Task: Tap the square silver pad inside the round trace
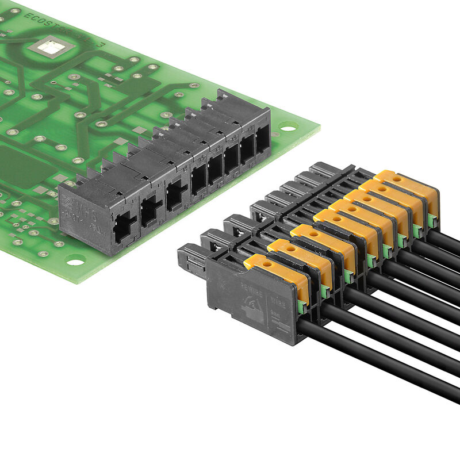point(50,47)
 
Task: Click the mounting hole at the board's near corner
point(75,262)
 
